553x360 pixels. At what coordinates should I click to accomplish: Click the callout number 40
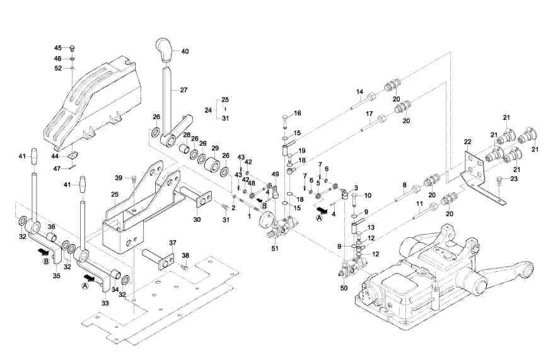click(x=185, y=51)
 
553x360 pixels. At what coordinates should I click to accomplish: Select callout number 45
click(x=57, y=48)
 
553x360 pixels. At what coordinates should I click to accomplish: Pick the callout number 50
click(x=343, y=287)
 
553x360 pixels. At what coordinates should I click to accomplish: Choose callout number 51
click(x=274, y=249)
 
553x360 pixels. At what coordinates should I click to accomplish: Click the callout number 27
click(x=183, y=90)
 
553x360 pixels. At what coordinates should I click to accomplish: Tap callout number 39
click(x=118, y=177)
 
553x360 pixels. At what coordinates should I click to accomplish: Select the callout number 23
click(x=514, y=180)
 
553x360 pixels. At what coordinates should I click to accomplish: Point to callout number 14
click(x=359, y=92)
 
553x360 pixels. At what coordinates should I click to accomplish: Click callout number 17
click(x=370, y=113)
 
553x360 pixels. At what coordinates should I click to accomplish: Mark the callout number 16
click(x=298, y=113)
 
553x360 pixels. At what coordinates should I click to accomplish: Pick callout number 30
click(x=197, y=219)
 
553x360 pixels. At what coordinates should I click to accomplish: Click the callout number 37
click(x=173, y=243)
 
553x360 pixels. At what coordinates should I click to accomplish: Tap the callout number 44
click(x=55, y=155)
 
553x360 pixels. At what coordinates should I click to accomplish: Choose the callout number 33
click(x=105, y=303)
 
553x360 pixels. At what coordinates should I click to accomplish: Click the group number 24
click(x=208, y=110)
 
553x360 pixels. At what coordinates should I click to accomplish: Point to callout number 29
click(x=215, y=148)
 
